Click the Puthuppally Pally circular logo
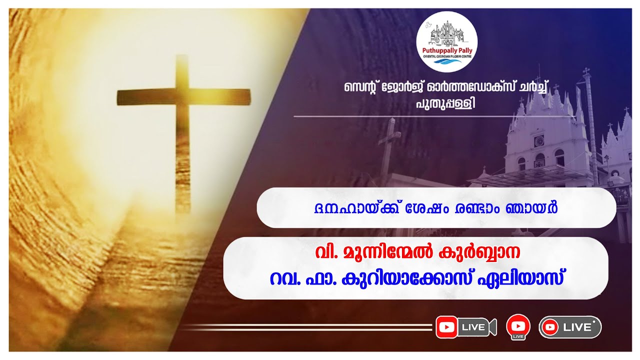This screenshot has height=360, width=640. pyautogui.click(x=447, y=41)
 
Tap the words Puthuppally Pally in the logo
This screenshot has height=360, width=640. pyautogui.click(x=447, y=50)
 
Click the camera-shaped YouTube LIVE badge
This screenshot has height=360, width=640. pyautogui.click(x=465, y=327)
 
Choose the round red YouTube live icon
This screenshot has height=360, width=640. pyautogui.click(x=518, y=325)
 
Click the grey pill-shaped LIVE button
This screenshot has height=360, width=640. pyautogui.click(x=570, y=327)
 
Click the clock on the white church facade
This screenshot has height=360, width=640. pyautogui.click(x=539, y=141)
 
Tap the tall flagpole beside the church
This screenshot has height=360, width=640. pyautogui.click(x=590, y=125)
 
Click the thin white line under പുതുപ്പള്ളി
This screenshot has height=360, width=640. pyautogui.click(x=434, y=116)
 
